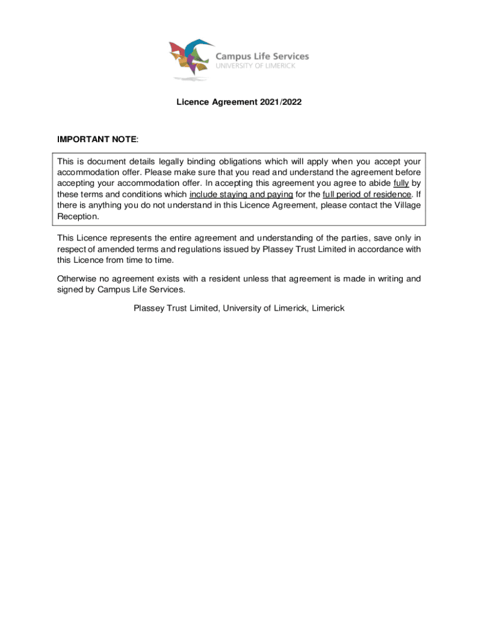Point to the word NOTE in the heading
(125, 140)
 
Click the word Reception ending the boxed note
(77, 216)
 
